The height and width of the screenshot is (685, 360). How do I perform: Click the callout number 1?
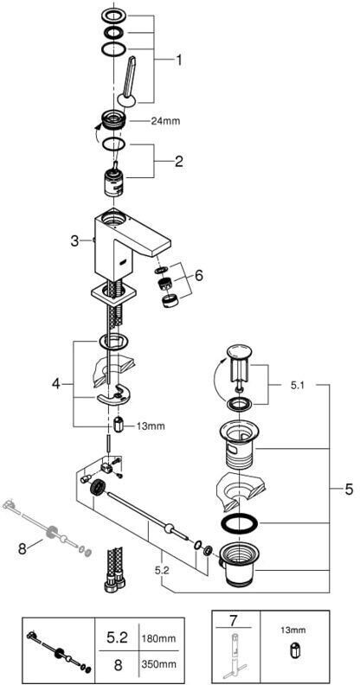point(177,60)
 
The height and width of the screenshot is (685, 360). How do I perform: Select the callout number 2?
point(178,162)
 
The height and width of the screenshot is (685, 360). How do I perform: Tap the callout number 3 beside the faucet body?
point(75,240)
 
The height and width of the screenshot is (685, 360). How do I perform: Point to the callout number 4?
point(56,384)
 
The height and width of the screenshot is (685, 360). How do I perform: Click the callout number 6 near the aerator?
point(199,276)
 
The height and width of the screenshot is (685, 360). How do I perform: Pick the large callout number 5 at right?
point(348,490)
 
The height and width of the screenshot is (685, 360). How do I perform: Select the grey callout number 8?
point(22,549)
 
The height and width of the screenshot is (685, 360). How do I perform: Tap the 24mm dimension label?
point(165,121)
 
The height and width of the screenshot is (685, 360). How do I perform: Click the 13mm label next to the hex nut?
point(151,426)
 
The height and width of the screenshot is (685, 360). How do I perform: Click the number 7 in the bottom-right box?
point(235,620)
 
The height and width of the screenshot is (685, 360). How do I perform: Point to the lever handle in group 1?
point(128,81)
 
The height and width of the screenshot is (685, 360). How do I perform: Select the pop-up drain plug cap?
point(237,352)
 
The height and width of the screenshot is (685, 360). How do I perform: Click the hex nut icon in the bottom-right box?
point(292,648)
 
